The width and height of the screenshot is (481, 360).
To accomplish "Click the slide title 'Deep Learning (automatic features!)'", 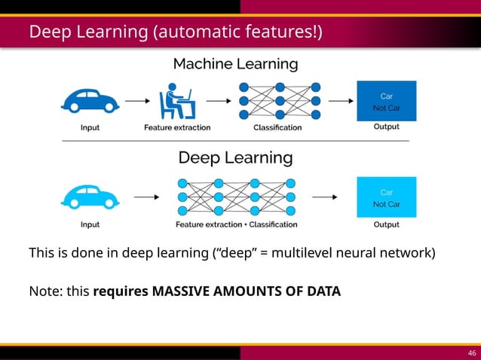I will click(176, 32).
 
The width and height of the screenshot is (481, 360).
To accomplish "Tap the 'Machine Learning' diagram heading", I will click(235, 64).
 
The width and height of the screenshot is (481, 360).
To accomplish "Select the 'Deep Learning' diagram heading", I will click(235, 158).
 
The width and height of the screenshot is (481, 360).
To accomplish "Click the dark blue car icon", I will click(90, 100).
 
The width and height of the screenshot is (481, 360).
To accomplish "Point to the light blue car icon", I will click(90, 197).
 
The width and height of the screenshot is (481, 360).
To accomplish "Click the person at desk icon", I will click(177, 101).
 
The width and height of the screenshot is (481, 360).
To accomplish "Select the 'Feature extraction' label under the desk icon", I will click(177, 127).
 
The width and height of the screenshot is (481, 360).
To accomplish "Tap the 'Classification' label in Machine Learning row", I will click(277, 127).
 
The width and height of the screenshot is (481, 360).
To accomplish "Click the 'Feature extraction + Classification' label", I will click(236, 224).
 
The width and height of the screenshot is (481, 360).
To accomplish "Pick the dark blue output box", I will click(386, 100).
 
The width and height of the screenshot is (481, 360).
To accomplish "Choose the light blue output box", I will click(386, 197).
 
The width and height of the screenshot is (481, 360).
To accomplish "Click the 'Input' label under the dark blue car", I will click(90, 127).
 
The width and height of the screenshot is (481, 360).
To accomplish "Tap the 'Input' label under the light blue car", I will click(90, 224).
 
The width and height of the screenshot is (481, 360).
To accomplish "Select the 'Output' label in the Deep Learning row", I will click(387, 224).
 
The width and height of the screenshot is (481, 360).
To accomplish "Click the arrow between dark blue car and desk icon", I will click(136, 100).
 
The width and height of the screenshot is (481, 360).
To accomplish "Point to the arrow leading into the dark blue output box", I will click(340, 100).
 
